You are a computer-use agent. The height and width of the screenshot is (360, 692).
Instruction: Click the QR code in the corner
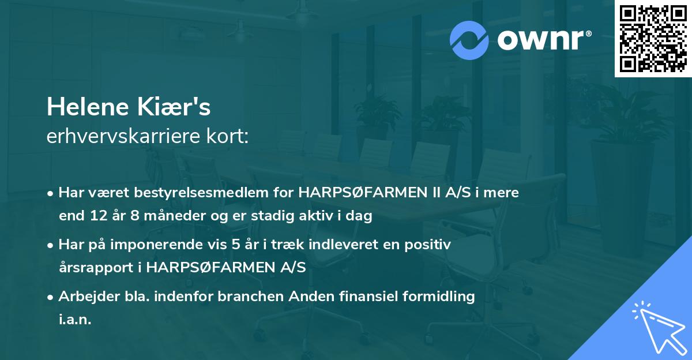(x=653, y=38)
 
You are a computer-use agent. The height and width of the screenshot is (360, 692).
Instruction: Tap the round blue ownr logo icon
(x=468, y=40)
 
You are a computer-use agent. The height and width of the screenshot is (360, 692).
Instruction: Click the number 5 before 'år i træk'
(x=236, y=245)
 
